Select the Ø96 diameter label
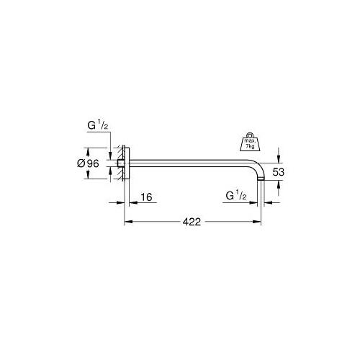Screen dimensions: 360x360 [68, 163]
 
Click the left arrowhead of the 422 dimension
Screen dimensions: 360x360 [130, 223]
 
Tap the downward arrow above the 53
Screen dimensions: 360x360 [279, 156]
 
